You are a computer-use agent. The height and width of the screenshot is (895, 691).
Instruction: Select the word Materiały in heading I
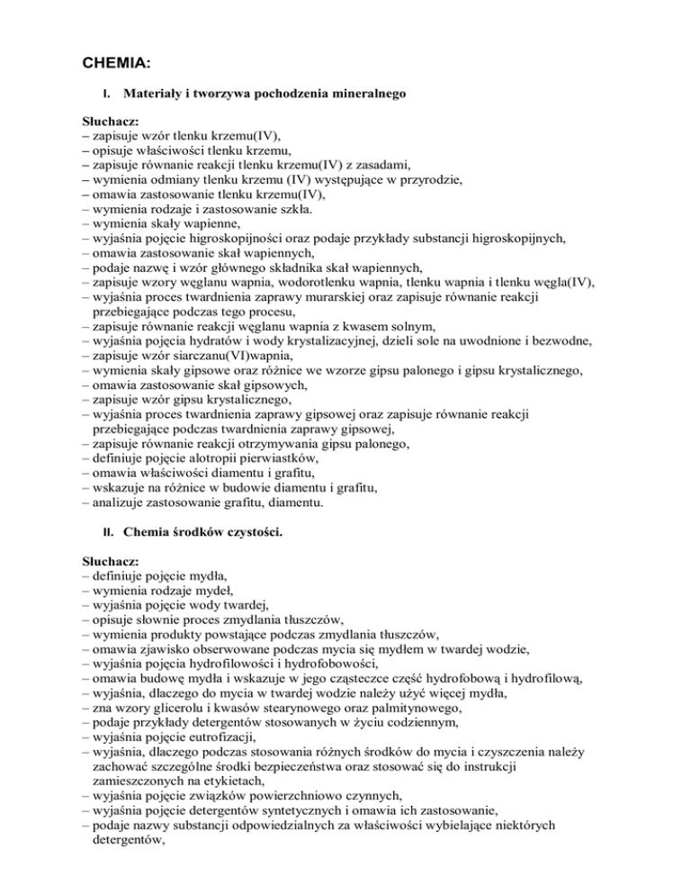[x=155, y=93]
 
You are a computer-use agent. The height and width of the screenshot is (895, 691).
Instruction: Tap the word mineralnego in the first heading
[x=372, y=93]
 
